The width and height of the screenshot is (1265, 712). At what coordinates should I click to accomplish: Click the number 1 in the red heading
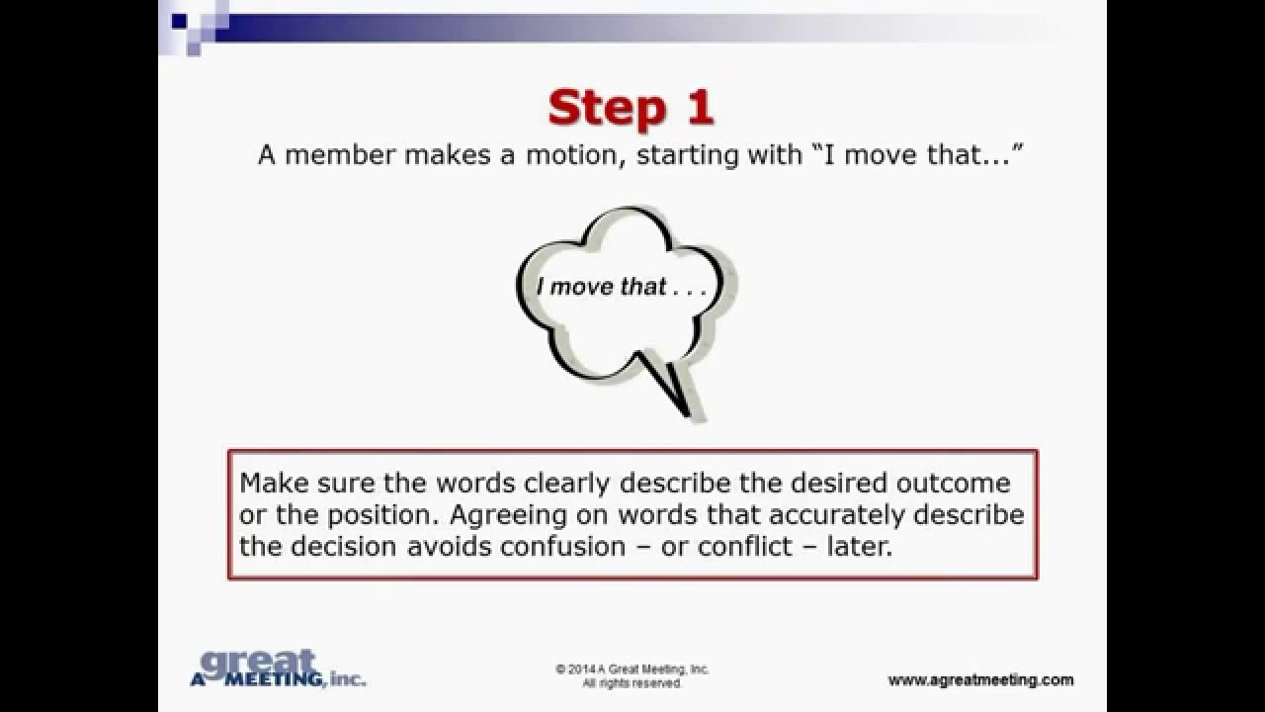(699, 107)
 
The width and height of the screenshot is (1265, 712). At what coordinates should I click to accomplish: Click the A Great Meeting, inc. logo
(276, 669)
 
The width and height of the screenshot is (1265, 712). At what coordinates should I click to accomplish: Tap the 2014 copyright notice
(632, 669)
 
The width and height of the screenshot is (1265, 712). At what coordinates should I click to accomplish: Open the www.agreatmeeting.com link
(979, 679)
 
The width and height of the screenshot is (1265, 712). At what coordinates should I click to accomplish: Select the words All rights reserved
(632, 683)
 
